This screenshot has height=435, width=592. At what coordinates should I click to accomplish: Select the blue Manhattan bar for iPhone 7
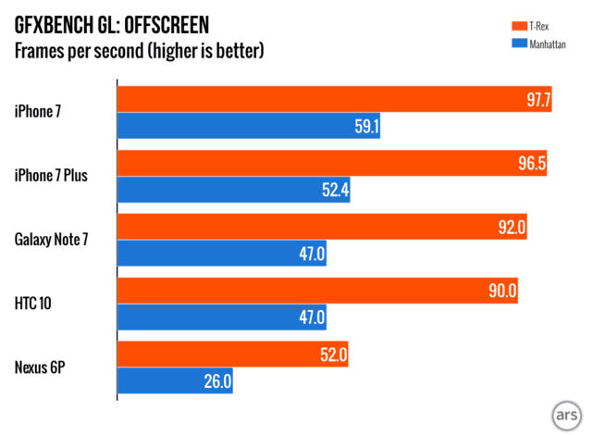249,127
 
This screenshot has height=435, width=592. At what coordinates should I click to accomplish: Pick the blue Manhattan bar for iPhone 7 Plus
233,191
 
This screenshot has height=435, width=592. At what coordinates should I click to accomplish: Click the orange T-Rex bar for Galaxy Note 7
322,227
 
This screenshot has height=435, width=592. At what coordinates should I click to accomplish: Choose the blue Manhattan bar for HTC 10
222,317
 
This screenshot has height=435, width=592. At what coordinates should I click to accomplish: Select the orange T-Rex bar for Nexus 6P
233,354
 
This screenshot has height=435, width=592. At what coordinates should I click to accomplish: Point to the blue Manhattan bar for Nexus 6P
175,380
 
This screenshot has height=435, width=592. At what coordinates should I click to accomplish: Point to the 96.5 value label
529,163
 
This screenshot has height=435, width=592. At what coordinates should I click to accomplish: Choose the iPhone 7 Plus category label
51,176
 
